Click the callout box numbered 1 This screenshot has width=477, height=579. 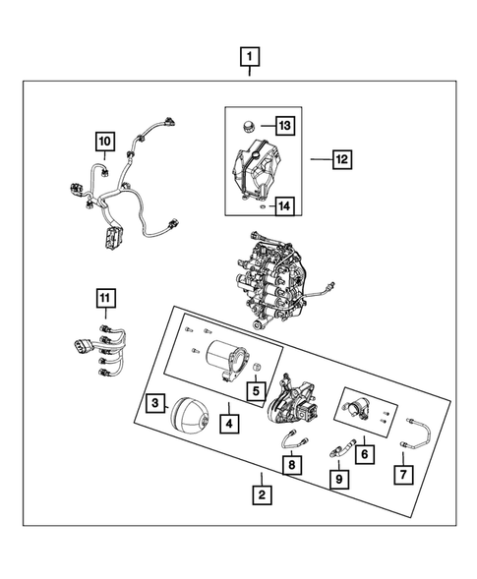(x=252, y=56)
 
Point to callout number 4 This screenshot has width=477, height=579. (x=229, y=426)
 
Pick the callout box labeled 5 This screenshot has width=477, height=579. (x=256, y=390)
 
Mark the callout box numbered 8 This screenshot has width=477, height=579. (x=291, y=464)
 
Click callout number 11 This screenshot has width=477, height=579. (x=105, y=296)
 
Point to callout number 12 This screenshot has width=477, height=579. (x=341, y=157)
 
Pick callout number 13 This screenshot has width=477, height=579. (x=284, y=126)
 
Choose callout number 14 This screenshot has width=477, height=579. (x=284, y=206)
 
